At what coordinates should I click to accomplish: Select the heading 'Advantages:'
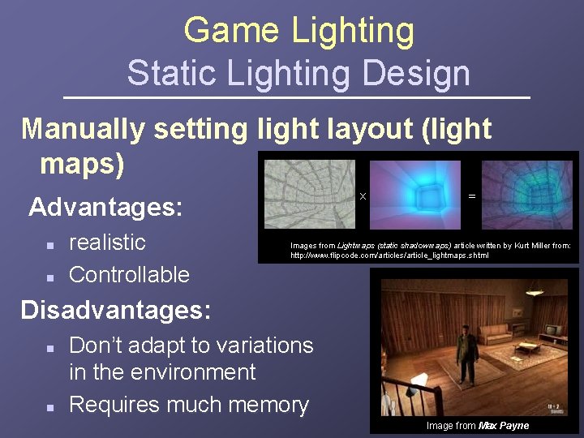point(105,207)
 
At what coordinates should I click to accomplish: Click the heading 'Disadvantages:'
point(116,310)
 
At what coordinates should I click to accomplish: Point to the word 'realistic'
point(107,242)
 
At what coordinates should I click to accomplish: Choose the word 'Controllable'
point(129,274)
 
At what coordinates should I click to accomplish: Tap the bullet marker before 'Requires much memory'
point(49,406)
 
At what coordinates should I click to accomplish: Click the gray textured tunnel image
point(309,194)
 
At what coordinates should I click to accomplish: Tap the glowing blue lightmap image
point(418,194)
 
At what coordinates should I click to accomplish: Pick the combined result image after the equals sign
point(526,194)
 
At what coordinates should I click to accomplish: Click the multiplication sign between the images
point(363,196)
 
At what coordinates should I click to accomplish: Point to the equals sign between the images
point(472,195)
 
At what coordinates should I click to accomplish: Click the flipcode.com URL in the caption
point(389,255)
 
